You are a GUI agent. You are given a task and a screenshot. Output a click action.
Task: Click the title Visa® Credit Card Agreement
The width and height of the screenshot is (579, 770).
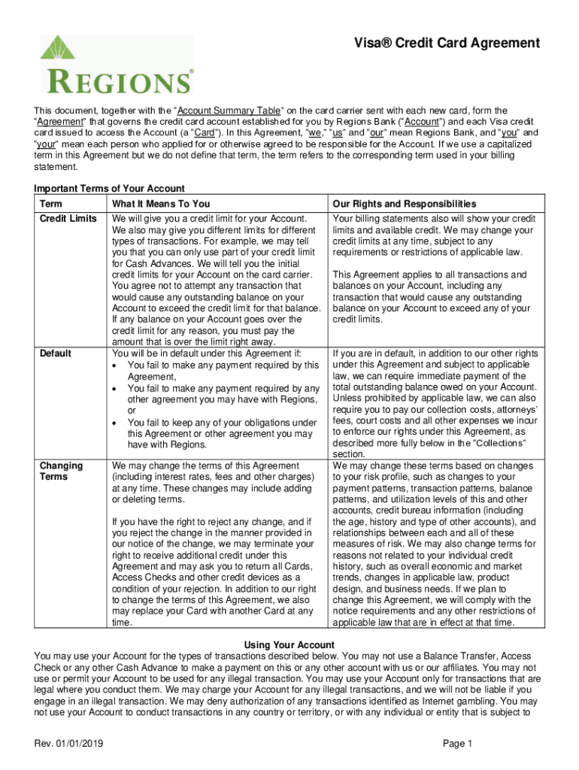[448, 44]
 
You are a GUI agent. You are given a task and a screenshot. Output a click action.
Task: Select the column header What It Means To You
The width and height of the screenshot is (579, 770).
[161, 204]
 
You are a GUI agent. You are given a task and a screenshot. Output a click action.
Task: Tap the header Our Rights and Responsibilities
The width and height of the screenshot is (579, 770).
[404, 204]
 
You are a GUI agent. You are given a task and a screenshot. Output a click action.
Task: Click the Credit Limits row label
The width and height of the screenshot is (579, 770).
[68, 219]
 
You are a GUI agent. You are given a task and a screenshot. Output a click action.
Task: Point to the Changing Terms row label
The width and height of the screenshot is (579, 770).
[61, 471]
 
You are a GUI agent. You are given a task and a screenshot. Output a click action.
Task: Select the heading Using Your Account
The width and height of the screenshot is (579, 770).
[289, 645]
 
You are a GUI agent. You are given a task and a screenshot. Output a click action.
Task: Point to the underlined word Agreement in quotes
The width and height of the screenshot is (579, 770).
[64, 123]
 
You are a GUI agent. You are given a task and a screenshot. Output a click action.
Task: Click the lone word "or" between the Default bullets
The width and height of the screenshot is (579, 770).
[132, 411]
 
